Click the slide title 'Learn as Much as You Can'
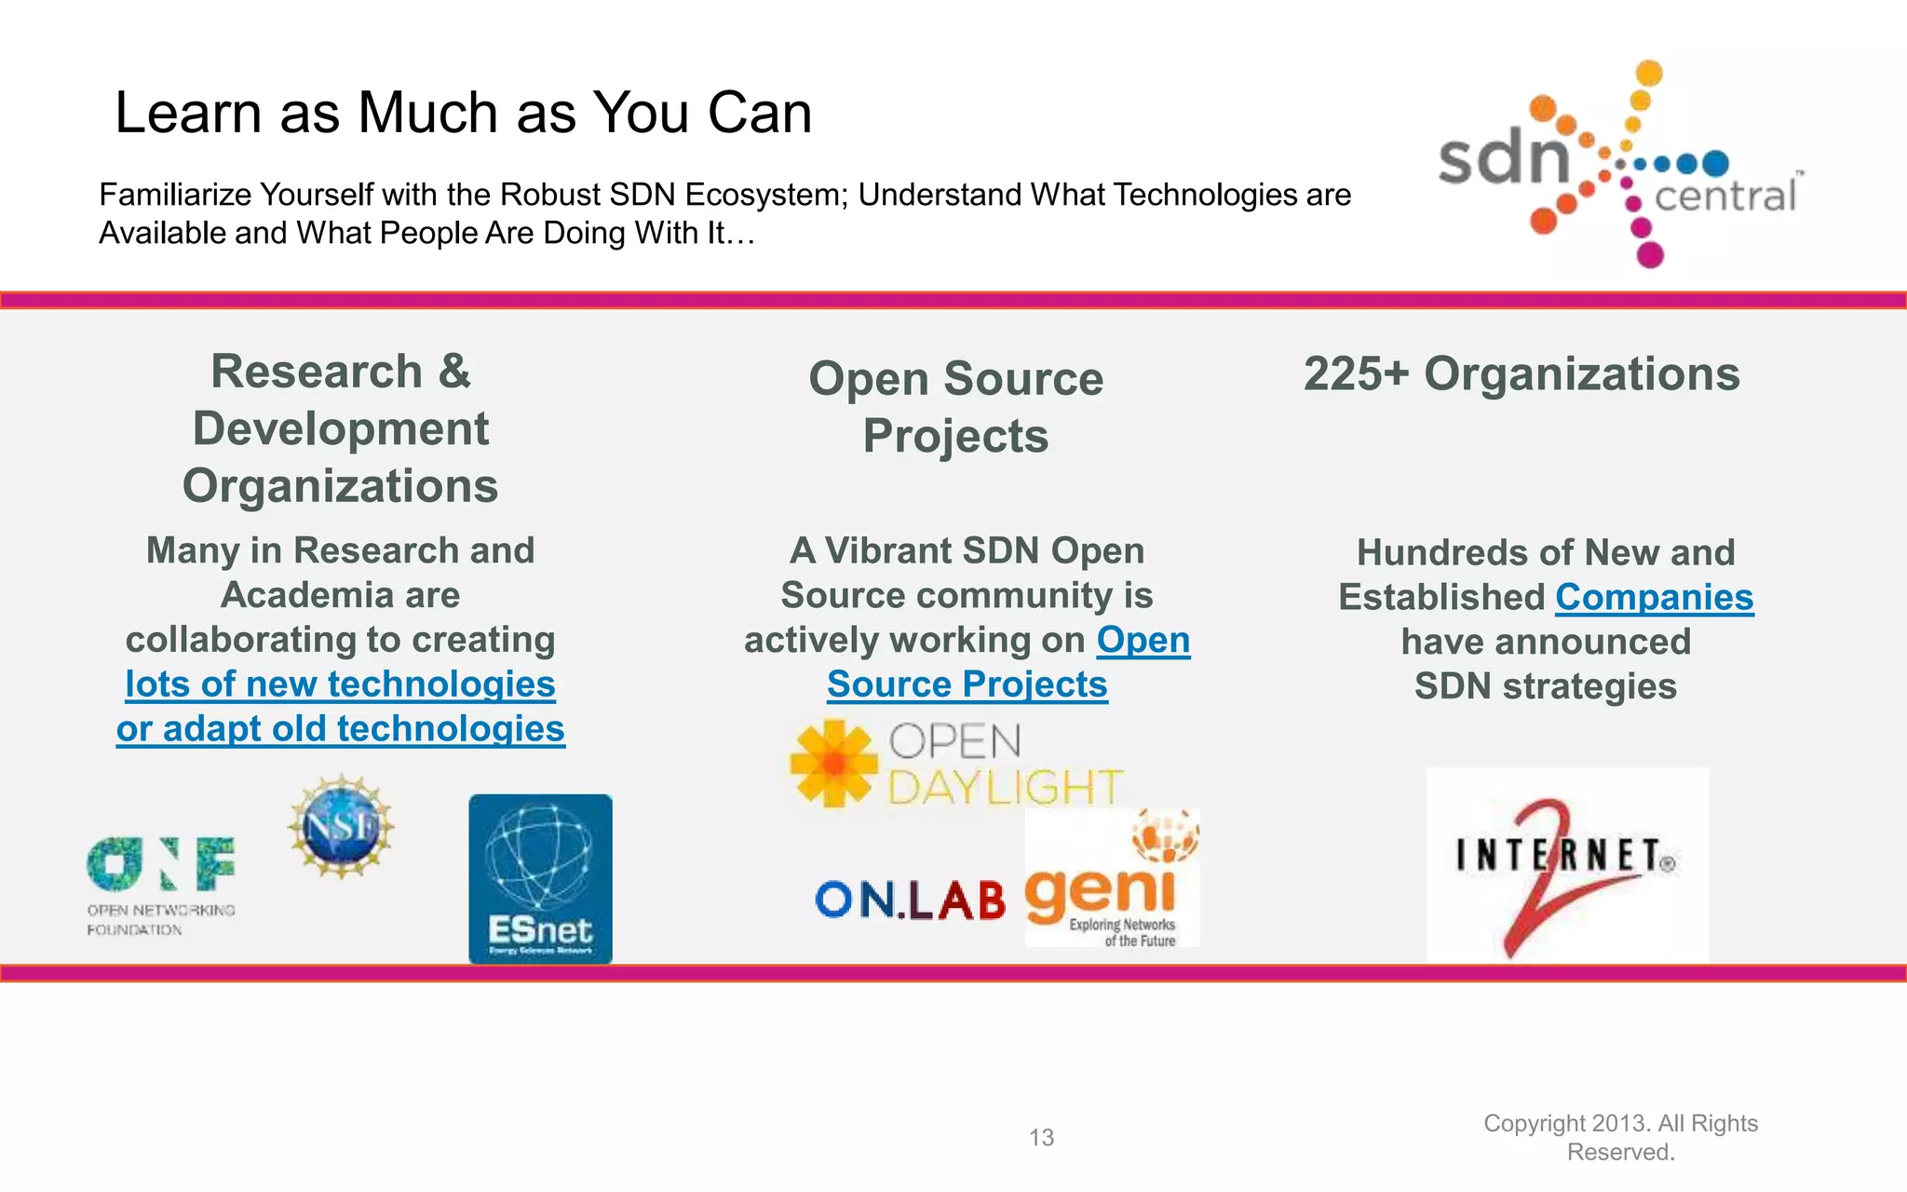coord(463,113)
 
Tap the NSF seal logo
coord(341,826)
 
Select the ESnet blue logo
coord(540,878)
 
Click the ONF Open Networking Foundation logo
coord(160,885)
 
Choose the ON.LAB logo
coord(910,901)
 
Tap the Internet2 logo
coord(1567,864)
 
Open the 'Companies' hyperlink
coord(1654,597)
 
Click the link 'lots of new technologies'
coord(340,684)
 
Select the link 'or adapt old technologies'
coord(340,729)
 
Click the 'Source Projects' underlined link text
coord(967,684)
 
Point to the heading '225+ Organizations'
coord(1521,374)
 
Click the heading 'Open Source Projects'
coord(955,407)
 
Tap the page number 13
coord(1041,1137)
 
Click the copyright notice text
coord(1620,1137)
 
